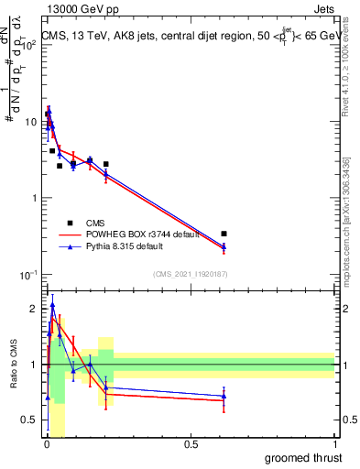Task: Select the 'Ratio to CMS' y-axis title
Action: pos(14,365)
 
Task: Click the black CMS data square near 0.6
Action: pos(224,234)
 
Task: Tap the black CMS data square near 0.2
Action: pos(106,164)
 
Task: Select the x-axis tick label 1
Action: pos(335,444)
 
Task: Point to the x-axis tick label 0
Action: pos(46,444)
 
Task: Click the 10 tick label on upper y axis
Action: pos(30,122)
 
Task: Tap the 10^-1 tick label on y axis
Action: pos(28,275)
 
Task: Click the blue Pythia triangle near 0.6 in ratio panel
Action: pos(224,396)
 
